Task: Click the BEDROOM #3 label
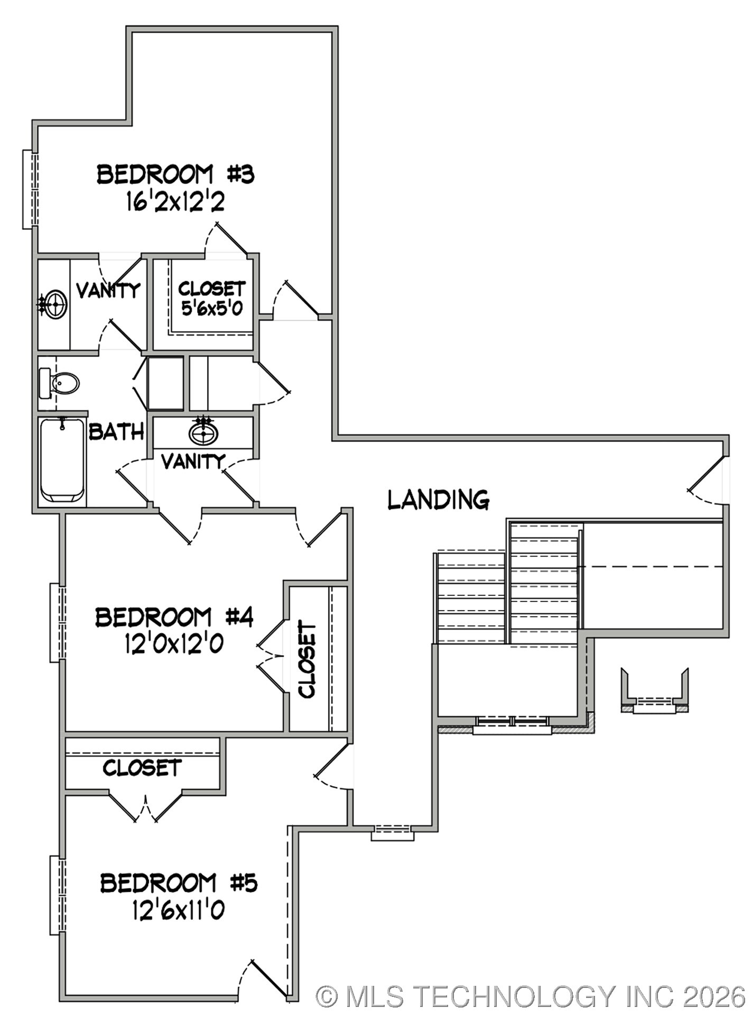(x=175, y=175)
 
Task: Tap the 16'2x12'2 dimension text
(x=175, y=201)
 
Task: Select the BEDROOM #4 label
(x=174, y=617)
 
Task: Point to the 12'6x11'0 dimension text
(x=179, y=910)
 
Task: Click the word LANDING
(x=438, y=500)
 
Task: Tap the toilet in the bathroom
(x=60, y=383)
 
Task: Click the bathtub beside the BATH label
(x=62, y=460)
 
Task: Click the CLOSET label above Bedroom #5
(x=142, y=768)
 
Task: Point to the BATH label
(x=116, y=432)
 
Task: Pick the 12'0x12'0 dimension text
(x=174, y=644)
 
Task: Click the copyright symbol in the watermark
(x=327, y=996)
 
